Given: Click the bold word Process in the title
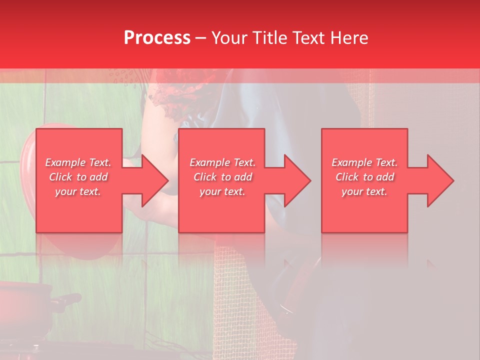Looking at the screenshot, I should pyautogui.click(x=157, y=38).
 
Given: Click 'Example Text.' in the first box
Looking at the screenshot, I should pyautogui.click(x=78, y=162).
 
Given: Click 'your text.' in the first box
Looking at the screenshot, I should pyautogui.click(x=78, y=191).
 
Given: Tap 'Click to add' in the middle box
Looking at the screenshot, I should pyautogui.click(x=223, y=177).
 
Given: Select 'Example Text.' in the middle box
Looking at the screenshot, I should pyautogui.click(x=223, y=162).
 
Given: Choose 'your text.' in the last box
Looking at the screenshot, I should pyautogui.click(x=364, y=191).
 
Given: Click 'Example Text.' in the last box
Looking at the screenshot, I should pyautogui.click(x=364, y=162).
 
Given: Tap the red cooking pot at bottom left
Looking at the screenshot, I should pyautogui.click(x=22, y=307).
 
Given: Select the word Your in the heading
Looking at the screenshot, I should pyautogui.click(x=230, y=38).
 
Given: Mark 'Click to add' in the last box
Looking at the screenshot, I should pyautogui.click(x=364, y=177).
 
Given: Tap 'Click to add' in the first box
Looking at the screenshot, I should pyautogui.click(x=78, y=177).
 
